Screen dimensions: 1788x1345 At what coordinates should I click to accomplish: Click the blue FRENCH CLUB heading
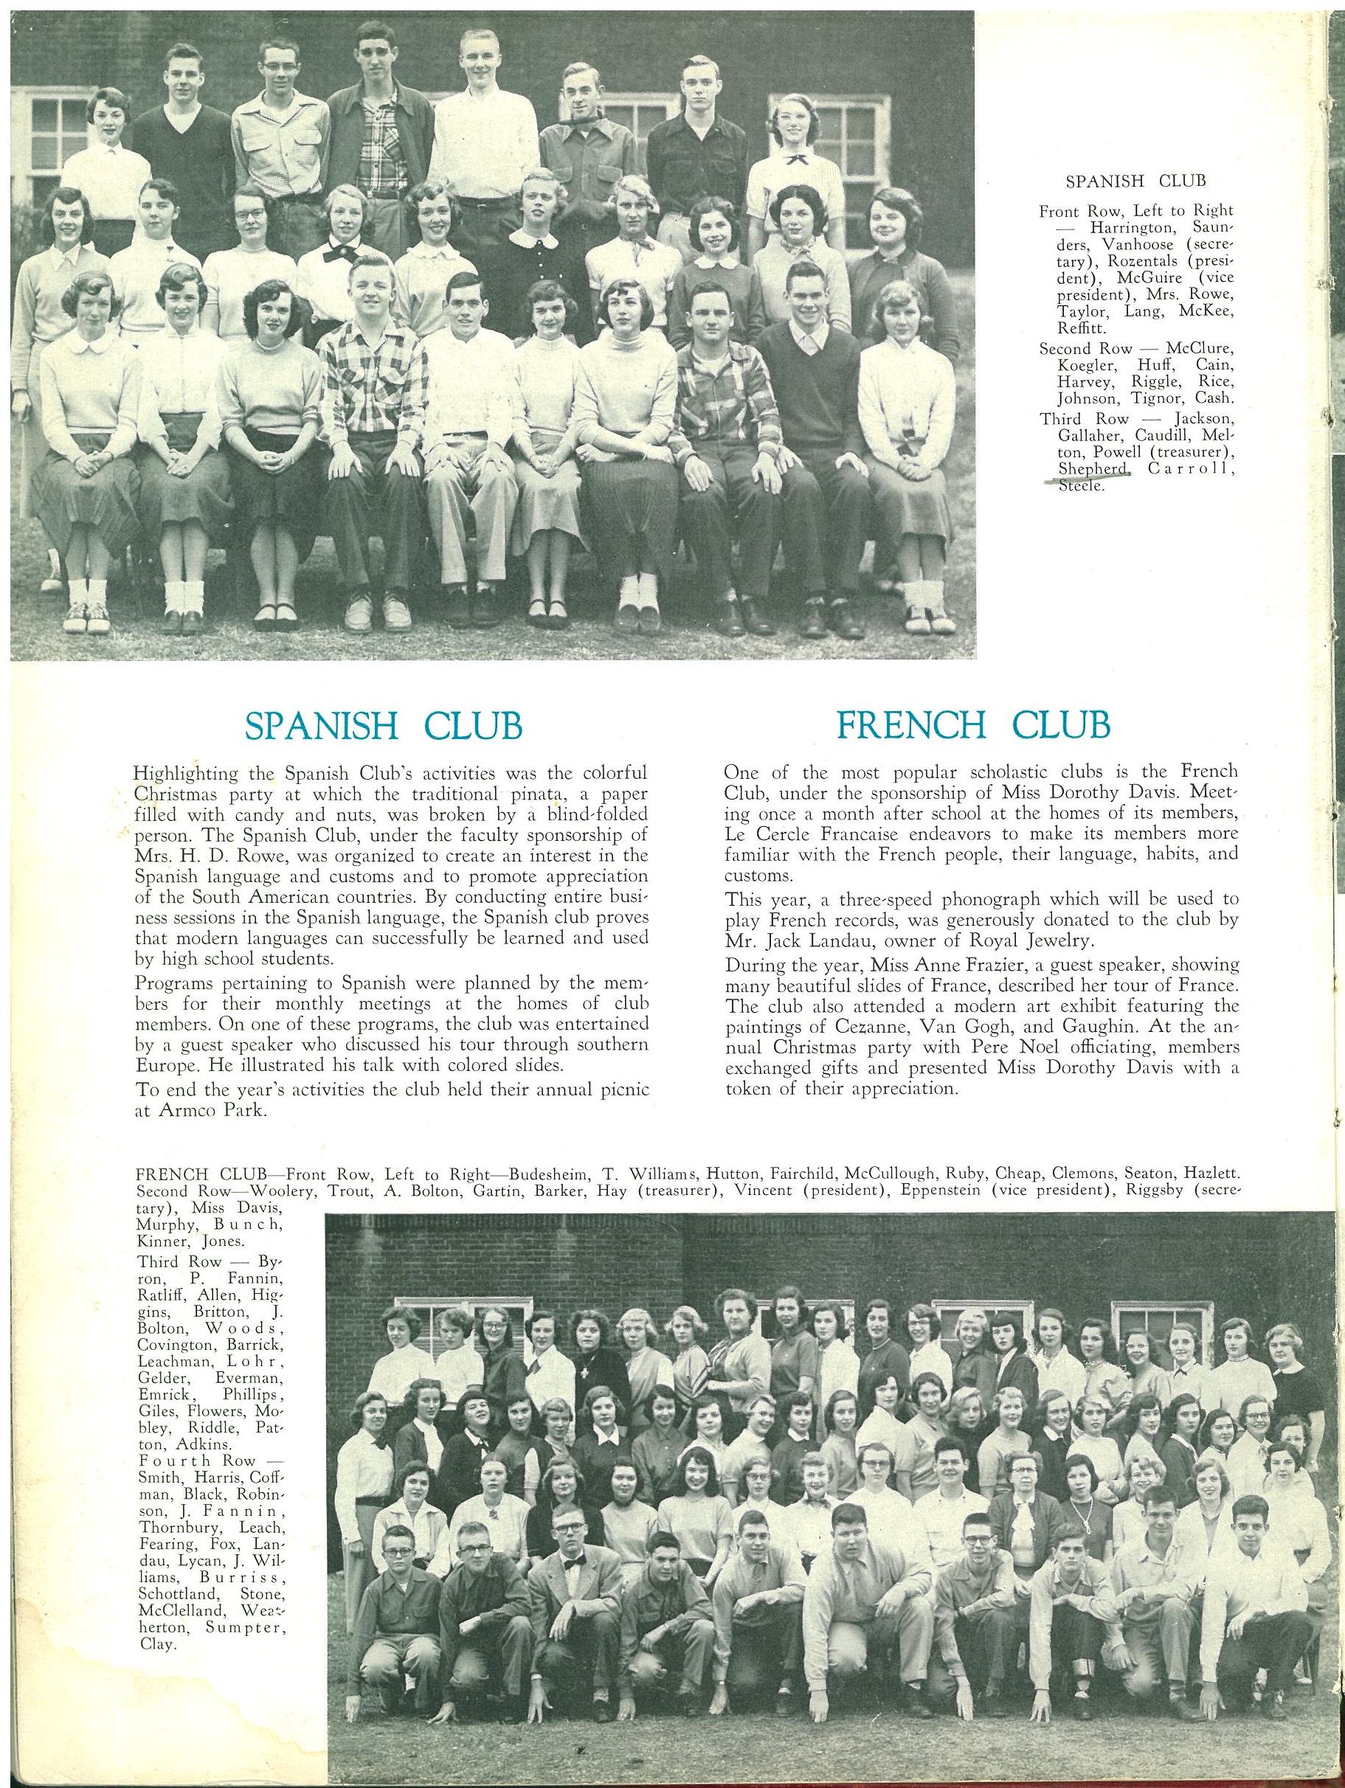tap(973, 724)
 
